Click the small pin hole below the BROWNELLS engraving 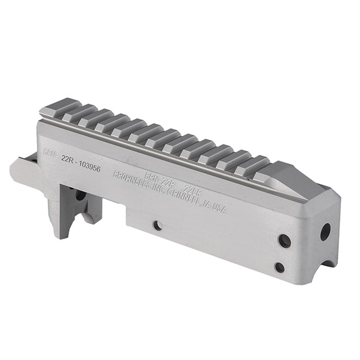(157, 226)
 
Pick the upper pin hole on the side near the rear (284, 241)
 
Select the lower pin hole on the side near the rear (279, 267)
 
